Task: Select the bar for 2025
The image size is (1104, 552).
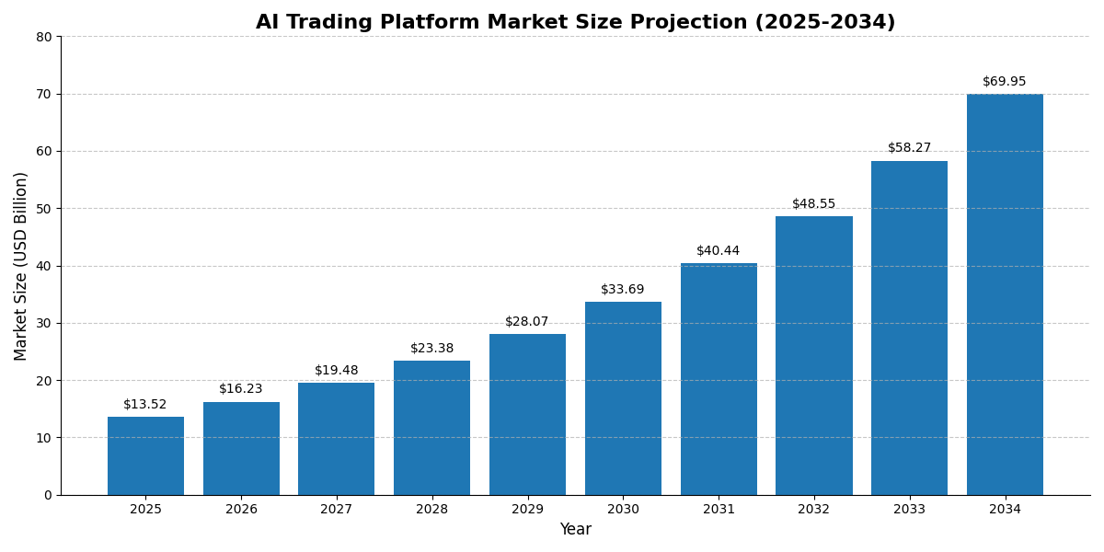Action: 145,455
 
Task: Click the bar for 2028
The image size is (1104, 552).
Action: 431,428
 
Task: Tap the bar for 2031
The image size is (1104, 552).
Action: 719,379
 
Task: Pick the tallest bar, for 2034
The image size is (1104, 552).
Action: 1005,294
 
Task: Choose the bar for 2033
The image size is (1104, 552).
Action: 909,328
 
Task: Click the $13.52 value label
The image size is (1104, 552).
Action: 145,405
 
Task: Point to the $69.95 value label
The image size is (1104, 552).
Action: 1005,82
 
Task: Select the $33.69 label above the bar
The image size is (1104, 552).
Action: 623,290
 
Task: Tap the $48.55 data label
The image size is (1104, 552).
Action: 814,204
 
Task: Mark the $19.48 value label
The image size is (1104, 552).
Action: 337,371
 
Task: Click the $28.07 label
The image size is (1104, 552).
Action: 527,322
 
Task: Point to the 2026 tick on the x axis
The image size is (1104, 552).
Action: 241,510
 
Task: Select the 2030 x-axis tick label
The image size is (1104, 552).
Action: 623,510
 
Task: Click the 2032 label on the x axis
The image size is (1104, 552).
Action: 814,510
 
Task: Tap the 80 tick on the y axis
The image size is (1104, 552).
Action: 44,37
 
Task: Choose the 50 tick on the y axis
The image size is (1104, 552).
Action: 44,209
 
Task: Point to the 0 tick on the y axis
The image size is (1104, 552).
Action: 48,495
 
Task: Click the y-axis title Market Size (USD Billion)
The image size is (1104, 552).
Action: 21,266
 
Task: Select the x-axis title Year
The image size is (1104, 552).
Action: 575,530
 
